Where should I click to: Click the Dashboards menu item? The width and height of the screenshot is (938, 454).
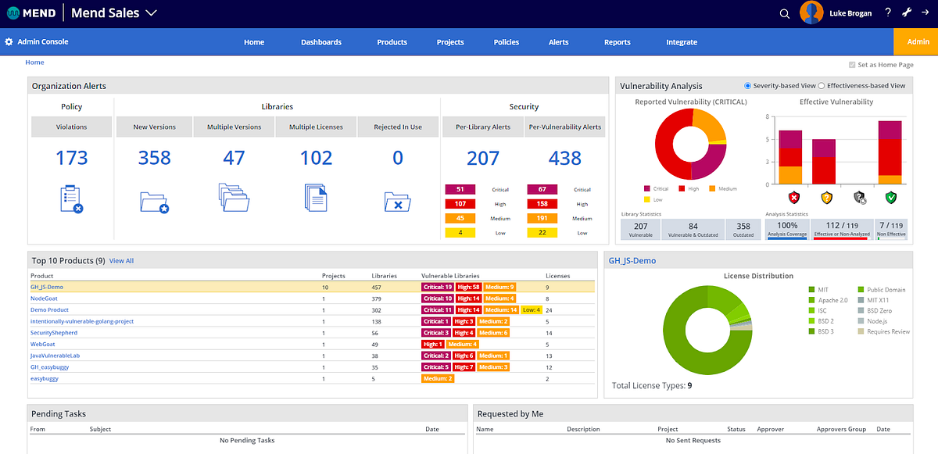[x=320, y=42]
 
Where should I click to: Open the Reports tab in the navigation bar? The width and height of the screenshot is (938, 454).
[x=617, y=42]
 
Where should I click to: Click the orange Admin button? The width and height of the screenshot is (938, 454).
[x=918, y=42]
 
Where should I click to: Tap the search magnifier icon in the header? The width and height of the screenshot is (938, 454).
[x=785, y=13]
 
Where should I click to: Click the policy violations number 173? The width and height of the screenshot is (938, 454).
[x=72, y=158]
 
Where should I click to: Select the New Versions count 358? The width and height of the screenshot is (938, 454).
[x=154, y=158]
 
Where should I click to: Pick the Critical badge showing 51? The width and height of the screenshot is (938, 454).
[x=460, y=189]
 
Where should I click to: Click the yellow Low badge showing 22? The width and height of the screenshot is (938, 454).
[x=542, y=233]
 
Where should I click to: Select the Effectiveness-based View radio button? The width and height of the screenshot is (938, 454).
[x=821, y=86]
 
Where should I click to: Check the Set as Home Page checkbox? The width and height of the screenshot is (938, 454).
[x=852, y=66]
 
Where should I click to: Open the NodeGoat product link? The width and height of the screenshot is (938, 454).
[x=44, y=298]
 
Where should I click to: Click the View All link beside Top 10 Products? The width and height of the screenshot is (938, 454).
[x=121, y=260]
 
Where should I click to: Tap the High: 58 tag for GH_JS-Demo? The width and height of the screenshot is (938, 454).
[x=468, y=287]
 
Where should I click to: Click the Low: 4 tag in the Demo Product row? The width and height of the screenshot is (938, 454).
[x=532, y=309]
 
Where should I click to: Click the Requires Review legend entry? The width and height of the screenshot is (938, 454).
[x=885, y=331]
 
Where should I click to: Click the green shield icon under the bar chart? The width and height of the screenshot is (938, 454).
[x=890, y=198]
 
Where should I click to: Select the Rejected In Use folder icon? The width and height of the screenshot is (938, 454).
[x=397, y=202]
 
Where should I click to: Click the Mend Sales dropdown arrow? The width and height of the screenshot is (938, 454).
[x=152, y=13]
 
